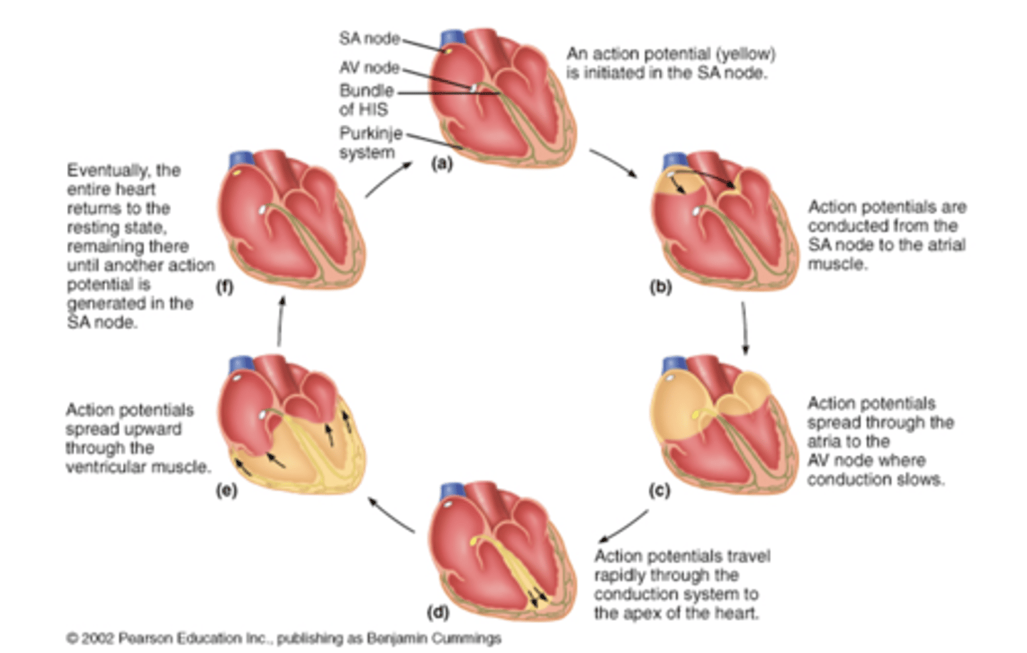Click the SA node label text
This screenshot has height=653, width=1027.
coord(369,38)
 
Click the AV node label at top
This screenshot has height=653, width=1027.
coord(369,68)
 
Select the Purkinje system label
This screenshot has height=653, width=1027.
coord(370,143)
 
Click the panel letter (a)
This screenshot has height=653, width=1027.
coord(441,163)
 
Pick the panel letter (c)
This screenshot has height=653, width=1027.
coord(659,490)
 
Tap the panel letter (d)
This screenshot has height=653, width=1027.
coord(437,612)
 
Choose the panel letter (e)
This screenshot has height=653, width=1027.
coord(226,490)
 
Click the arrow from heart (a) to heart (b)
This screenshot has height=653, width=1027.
coord(613,163)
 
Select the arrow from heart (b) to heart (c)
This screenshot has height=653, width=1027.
coord(745,328)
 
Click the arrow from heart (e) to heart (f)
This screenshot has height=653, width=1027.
coord(280,321)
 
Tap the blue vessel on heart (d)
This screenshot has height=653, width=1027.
coord(452,491)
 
